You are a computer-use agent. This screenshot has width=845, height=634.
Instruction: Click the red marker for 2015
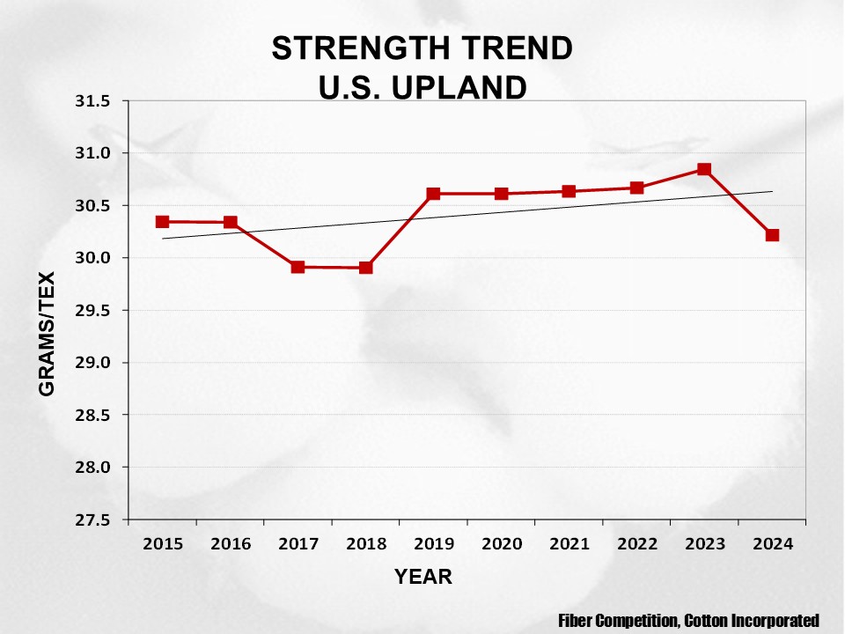coord(163,222)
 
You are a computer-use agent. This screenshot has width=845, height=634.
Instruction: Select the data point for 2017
coord(298,267)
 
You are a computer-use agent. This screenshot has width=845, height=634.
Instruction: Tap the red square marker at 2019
coord(433,194)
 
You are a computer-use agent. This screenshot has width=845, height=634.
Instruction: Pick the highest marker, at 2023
coord(704,169)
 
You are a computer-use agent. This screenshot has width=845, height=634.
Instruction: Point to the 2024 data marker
coord(772,235)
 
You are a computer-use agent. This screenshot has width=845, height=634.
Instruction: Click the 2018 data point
coord(365,268)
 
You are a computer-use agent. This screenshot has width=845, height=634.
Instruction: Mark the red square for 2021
coord(569,191)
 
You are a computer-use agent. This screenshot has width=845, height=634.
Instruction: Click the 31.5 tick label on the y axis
coord(92,101)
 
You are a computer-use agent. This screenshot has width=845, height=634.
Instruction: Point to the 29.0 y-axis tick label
coord(92,363)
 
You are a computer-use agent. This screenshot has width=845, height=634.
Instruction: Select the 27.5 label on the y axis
coord(92,520)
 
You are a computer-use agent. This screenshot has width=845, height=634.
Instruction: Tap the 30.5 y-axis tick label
coord(92,206)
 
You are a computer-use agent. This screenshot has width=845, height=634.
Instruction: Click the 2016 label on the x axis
coord(231,544)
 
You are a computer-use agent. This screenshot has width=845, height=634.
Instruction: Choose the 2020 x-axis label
coord(501,544)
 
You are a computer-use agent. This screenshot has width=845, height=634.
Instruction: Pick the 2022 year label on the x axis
coord(636,544)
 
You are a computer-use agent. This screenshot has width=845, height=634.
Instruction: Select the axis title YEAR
coord(422,578)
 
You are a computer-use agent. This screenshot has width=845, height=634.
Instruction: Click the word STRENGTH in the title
coord(351,48)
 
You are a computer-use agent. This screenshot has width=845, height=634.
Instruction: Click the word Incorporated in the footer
coord(774,621)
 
